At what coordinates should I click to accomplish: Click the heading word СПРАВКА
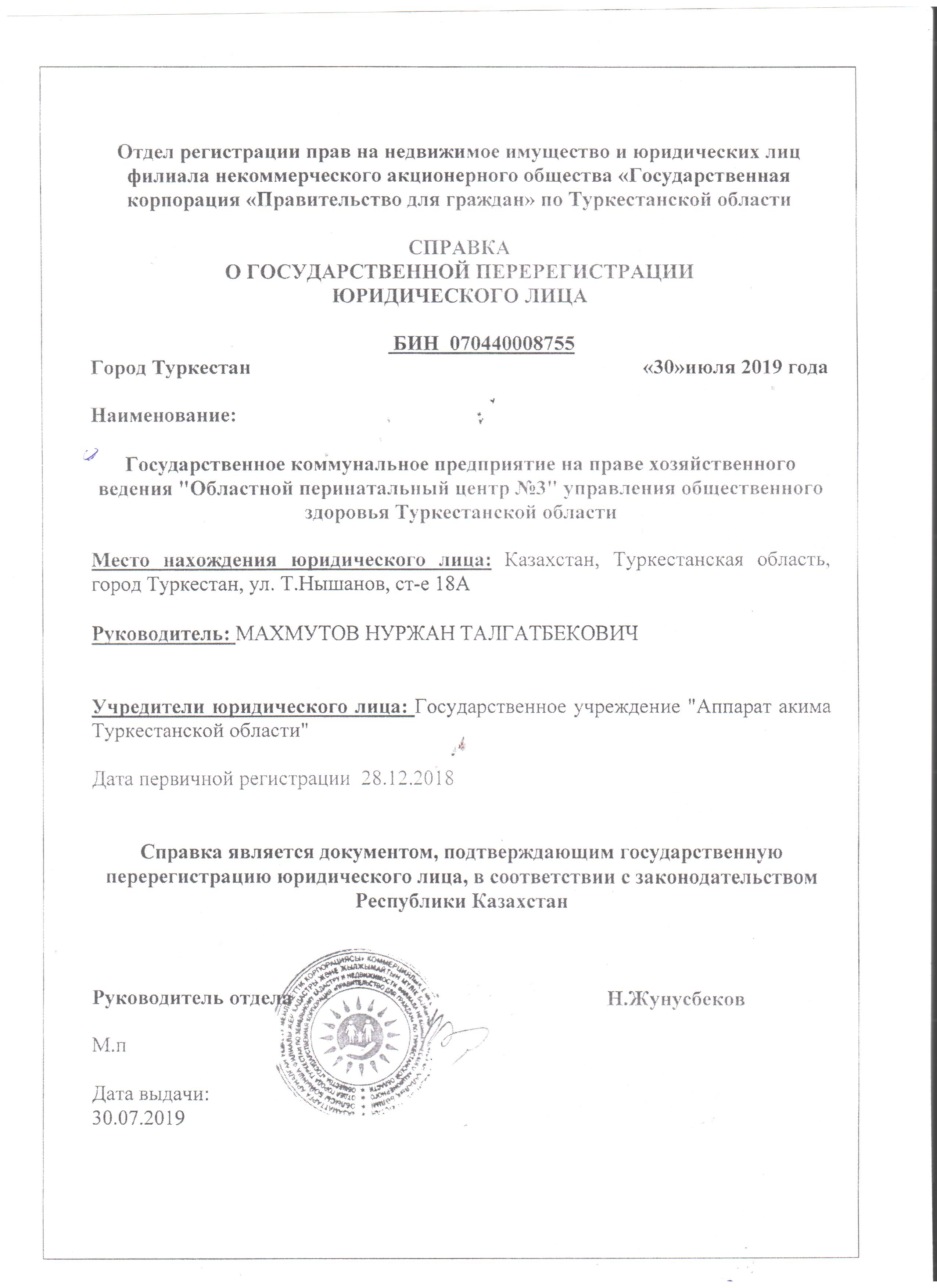[x=459, y=248]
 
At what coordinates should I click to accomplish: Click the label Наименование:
[x=164, y=416]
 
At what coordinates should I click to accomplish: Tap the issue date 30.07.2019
[x=139, y=1117]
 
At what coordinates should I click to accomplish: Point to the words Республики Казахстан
[x=462, y=901]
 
